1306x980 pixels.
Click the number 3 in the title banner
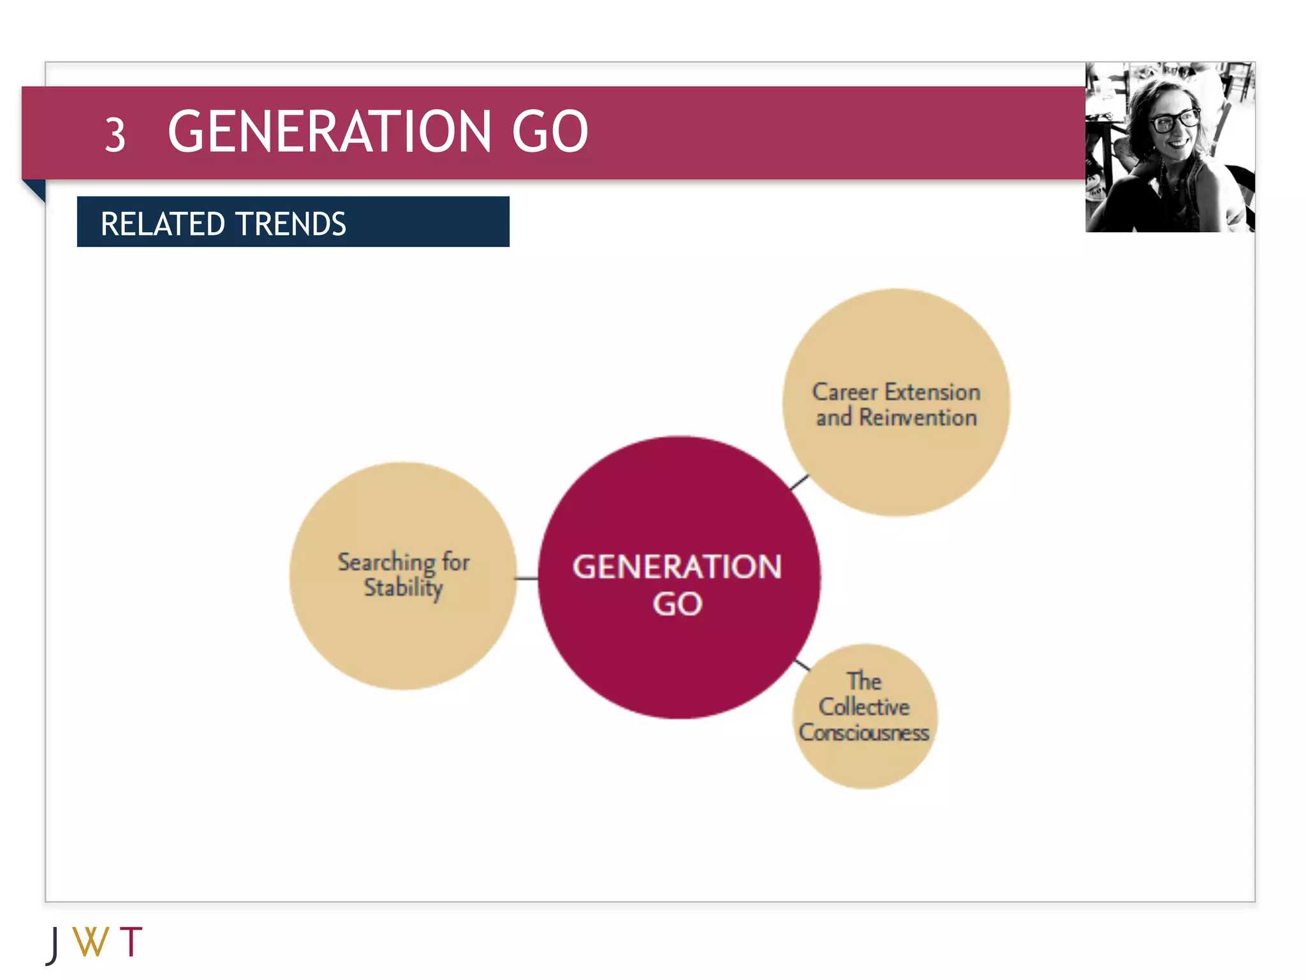point(115,135)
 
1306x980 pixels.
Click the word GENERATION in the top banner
point(330,131)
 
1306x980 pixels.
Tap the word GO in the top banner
point(550,131)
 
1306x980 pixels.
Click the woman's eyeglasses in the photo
point(1175,121)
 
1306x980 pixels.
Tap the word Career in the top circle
point(844,392)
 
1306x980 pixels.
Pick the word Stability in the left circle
point(403,588)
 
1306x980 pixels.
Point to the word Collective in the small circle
point(864,707)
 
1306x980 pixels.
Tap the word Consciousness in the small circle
point(864,732)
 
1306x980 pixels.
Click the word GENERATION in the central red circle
point(677,567)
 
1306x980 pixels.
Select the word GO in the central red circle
point(677,604)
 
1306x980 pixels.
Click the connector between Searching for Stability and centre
point(527,579)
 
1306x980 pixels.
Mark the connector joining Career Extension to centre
point(799,482)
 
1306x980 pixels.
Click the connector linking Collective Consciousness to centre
point(802,665)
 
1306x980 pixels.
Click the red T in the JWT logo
point(131,942)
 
